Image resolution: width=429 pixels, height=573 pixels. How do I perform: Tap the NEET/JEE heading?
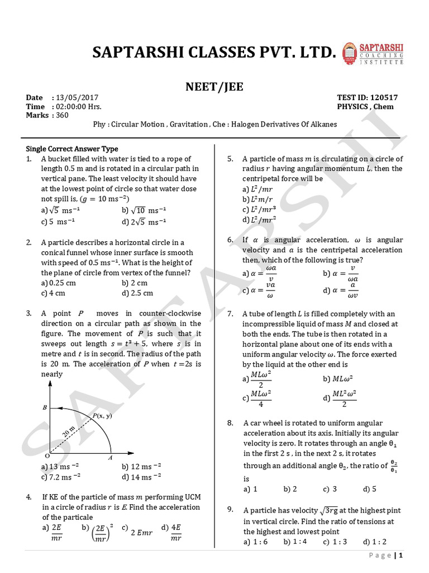coord(214,87)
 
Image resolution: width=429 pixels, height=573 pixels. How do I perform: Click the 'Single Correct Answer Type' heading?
coord(72,149)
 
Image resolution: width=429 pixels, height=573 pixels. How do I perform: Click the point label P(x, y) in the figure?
coord(102,416)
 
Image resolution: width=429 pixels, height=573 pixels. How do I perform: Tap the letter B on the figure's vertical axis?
coord(45,408)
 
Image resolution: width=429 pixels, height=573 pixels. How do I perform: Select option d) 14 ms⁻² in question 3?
coord(141,477)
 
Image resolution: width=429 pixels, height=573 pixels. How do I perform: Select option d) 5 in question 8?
coord(370,489)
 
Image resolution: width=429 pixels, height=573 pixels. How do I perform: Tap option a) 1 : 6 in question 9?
coord(256,542)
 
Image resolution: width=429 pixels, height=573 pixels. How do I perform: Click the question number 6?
coord(230,239)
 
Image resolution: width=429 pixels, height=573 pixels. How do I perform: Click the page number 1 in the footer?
coord(401,555)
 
